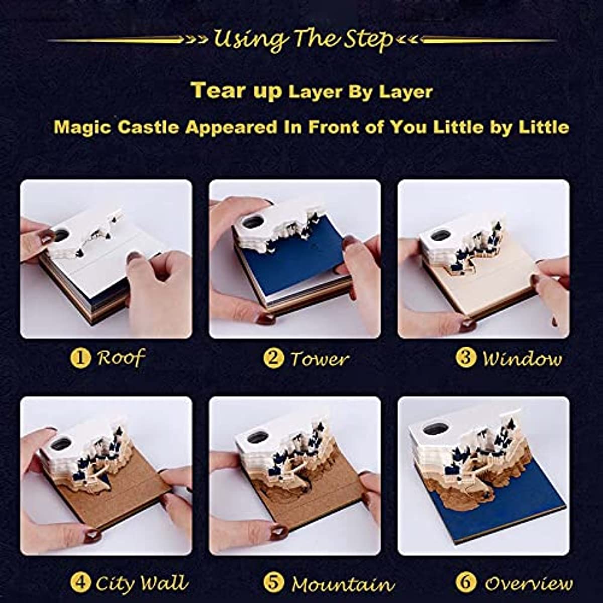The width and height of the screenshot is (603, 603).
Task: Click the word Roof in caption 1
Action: (121, 358)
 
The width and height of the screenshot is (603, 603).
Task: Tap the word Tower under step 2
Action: (319, 359)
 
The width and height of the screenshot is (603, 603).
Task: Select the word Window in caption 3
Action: (522, 359)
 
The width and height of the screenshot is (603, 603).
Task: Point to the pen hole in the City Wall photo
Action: (62, 443)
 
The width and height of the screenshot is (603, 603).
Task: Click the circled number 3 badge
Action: (465, 358)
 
